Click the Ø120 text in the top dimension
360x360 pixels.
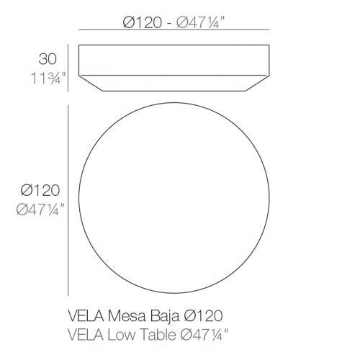[x=143, y=23]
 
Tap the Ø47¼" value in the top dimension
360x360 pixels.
[x=201, y=23]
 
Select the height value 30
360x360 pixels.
[x=48, y=59]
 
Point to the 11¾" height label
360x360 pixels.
[x=48, y=78]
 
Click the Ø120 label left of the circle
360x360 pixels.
[x=40, y=191]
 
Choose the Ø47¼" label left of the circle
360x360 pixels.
[x=40, y=210]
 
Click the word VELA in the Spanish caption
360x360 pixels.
[x=86, y=316]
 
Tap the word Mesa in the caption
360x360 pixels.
[x=127, y=316]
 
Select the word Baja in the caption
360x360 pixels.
[x=165, y=316]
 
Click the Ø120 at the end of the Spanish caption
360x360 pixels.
[x=203, y=316]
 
